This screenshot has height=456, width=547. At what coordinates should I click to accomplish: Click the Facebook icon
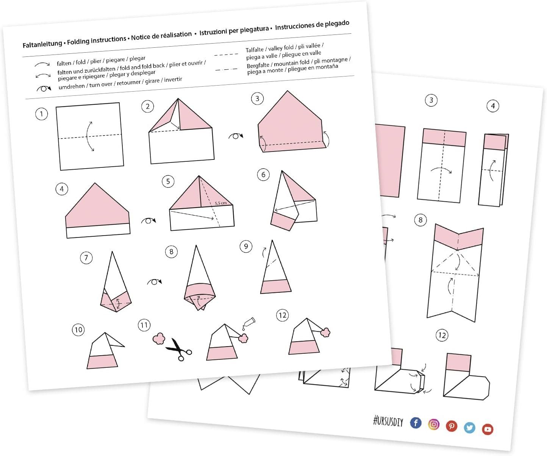pyautogui.click(x=416, y=423)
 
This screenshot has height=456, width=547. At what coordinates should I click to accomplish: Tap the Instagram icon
pyautogui.click(x=434, y=424)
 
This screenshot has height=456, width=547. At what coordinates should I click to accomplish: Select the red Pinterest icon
pyautogui.click(x=452, y=426)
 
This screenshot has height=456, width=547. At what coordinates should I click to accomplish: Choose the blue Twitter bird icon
pyautogui.click(x=469, y=428)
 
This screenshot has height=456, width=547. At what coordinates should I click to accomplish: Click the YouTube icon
pyautogui.click(x=488, y=429)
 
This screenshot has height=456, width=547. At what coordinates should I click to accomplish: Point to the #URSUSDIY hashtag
pyautogui.click(x=388, y=422)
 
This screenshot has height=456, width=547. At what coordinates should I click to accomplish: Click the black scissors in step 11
pyautogui.click(x=179, y=350)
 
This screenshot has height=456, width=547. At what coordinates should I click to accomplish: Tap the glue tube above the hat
pyautogui.click(x=249, y=323)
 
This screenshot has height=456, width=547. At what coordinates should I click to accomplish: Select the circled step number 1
pyautogui.click(x=41, y=114)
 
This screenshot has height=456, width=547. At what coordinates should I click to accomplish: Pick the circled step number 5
pyautogui.click(x=168, y=181)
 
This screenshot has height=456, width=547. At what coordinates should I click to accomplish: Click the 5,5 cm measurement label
pyautogui.click(x=220, y=203)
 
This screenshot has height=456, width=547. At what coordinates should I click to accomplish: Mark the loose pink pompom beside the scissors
pyautogui.click(x=159, y=339)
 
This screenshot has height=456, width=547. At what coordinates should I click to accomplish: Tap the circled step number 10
pyautogui.click(x=78, y=330)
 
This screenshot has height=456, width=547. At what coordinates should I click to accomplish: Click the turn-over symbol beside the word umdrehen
pyautogui.click(x=44, y=89)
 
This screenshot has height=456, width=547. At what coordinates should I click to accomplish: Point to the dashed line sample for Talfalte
pyautogui.click(x=226, y=55)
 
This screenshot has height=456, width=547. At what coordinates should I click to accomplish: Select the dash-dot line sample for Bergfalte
pyautogui.click(x=227, y=69)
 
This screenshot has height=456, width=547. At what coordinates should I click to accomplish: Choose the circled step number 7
pyautogui.click(x=86, y=258)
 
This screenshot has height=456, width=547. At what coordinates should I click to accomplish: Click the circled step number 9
pyautogui.click(x=246, y=246)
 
